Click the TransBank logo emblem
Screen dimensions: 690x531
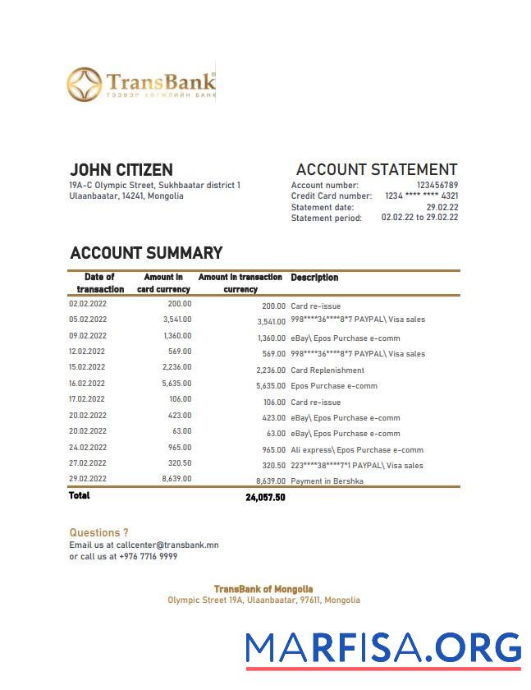click(85, 85)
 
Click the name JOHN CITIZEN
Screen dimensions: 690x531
click(121, 170)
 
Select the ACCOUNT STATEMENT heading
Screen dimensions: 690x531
click(376, 170)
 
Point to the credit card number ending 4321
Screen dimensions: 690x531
click(422, 196)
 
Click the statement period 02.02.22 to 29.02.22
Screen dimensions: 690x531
click(419, 218)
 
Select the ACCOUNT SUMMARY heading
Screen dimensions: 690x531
click(146, 253)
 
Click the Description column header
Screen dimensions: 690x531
click(314, 278)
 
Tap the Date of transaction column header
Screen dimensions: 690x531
click(100, 283)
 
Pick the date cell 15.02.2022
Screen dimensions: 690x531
click(87, 367)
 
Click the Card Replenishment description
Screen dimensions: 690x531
click(327, 370)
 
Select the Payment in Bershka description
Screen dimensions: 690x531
click(327, 481)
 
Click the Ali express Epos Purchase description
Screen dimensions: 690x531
click(357, 450)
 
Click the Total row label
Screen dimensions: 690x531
click(80, 496)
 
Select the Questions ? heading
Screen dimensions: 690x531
click(98, 533)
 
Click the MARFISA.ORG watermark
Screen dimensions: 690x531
click(383, 647)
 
